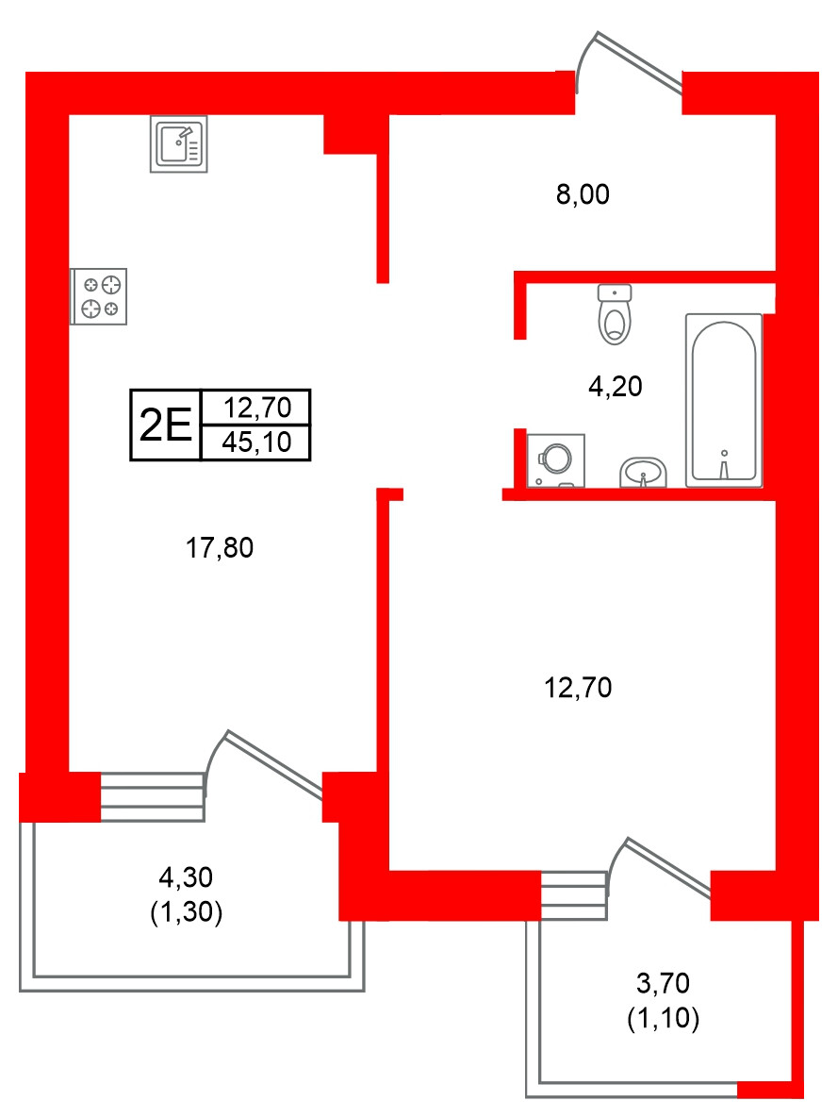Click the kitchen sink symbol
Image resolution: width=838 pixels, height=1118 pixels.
[179, 144]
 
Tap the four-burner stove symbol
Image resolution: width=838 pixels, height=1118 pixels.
[100, 296]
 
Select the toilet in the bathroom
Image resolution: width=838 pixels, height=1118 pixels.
[616, 314]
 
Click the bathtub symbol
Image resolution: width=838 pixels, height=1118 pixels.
[723, 400]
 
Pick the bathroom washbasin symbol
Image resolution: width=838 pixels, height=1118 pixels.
[643, 472]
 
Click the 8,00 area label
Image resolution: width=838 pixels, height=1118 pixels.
[583, 195]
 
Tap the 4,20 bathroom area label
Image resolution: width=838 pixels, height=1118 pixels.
[615, 386]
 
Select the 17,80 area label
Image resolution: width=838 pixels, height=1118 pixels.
[220, 547]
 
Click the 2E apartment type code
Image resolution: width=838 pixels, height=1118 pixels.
[166, 426]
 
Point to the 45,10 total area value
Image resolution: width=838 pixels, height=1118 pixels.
[255, 441]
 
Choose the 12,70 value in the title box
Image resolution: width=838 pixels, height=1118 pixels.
[255, 409]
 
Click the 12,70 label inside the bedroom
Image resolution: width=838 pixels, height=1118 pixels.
[579, 689]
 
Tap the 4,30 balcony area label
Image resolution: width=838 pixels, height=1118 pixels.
[187, 878]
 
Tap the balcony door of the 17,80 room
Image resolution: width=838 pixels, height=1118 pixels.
[269, 764]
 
